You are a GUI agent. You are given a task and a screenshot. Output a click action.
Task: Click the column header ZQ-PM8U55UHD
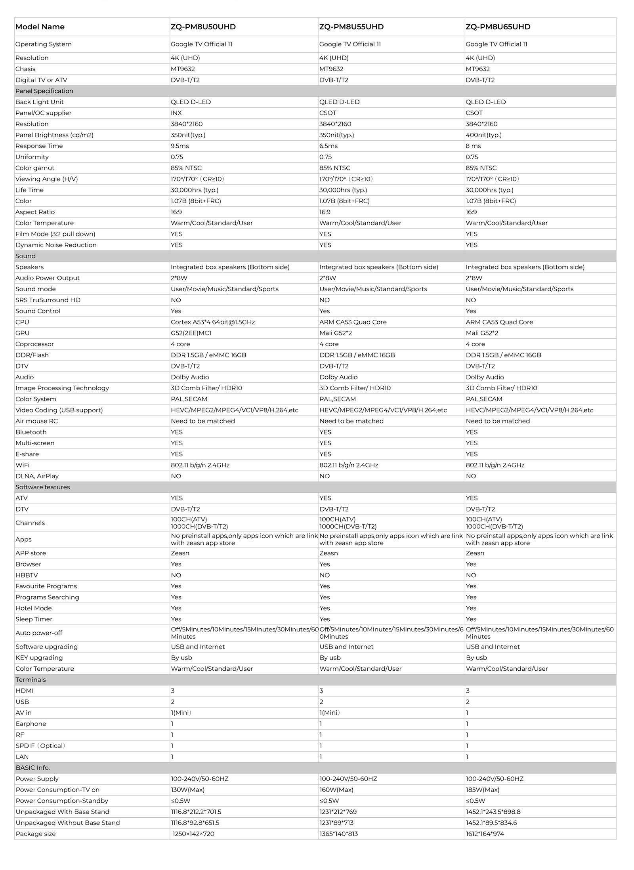(351, 27)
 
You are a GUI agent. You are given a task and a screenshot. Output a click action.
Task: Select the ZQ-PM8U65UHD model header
(498, 27)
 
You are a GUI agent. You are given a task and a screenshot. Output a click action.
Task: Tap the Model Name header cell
(40, 27)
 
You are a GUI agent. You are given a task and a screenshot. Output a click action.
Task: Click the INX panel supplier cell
(176, 113)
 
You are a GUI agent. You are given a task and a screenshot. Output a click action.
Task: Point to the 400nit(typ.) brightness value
(483, 135)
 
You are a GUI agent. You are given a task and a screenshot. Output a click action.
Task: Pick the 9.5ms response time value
(180, 146)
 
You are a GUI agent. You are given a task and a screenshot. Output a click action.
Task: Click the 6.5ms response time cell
(328, 146)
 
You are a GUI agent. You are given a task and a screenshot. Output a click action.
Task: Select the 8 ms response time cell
(473, 146)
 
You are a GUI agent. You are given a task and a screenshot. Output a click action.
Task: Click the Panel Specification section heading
(44, 91)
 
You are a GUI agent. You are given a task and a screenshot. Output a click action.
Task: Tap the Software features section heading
(43, 487)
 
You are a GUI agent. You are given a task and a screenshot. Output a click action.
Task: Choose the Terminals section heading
(31, 680)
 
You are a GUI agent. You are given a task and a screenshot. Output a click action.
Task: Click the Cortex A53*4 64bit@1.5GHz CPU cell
(213, 322)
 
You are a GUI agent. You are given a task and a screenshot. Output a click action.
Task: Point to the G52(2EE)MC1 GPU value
(191, 333)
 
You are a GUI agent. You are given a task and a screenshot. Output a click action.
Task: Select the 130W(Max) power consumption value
(187, 790)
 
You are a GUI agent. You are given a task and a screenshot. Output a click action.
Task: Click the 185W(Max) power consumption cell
(482, 790)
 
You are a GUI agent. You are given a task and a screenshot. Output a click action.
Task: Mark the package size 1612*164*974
(485, 834)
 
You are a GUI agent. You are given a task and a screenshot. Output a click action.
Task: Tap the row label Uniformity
(32, 157)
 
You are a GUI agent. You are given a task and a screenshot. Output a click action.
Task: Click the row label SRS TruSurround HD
(48, 300)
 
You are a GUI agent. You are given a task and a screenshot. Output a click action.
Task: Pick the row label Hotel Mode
(34, 608)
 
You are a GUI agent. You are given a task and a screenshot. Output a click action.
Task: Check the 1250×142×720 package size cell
(193, 834)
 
